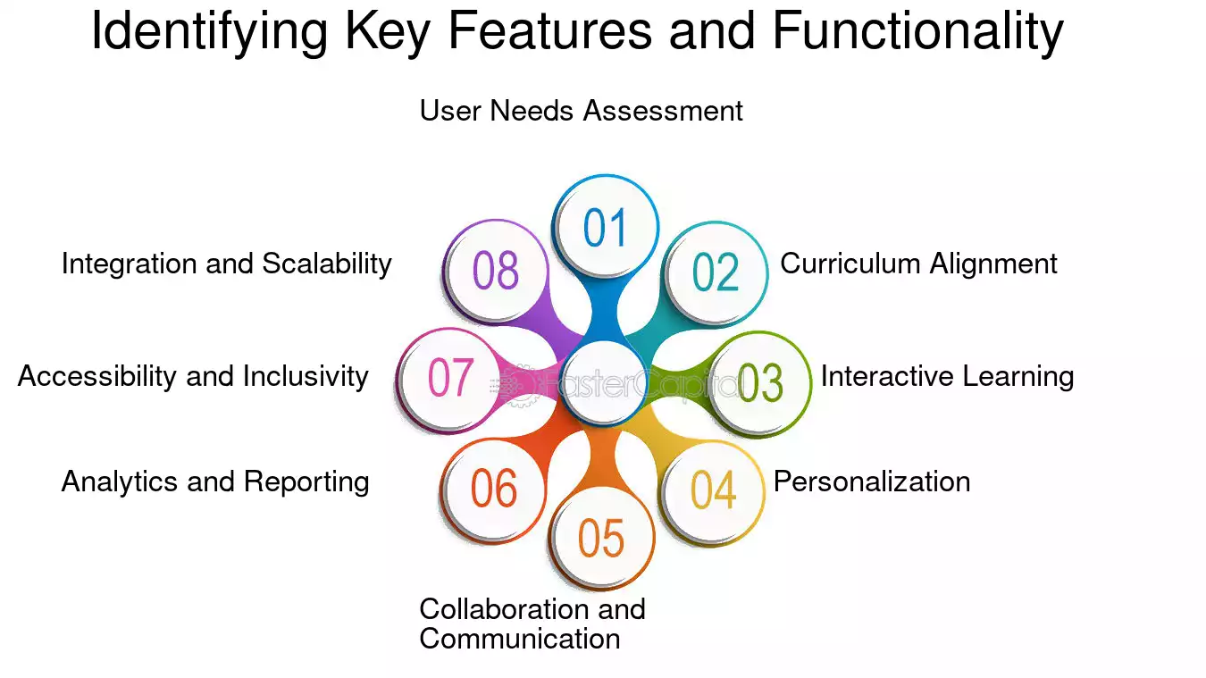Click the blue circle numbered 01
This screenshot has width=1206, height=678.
(605, 227)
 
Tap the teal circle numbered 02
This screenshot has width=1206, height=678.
(715, 273)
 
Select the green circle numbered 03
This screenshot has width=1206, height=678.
(758, 383)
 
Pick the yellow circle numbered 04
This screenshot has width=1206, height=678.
(712, 491)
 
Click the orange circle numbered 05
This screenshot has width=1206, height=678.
(601, 537)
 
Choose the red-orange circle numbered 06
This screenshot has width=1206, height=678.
(493, 490)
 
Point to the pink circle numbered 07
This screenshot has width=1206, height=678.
(449, 381)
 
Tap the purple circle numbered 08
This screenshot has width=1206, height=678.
(495, 271)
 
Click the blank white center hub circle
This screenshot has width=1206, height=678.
(604, 382)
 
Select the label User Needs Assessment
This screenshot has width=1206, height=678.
(581, 111)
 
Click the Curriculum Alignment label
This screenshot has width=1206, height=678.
(918, 264)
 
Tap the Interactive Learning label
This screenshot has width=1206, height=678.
(947, 376)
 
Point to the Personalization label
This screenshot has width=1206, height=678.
(872, 481)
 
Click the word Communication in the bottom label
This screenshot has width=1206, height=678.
(520, 639)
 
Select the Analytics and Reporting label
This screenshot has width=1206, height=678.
(215, 481)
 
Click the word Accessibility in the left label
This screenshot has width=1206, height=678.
(96, 376)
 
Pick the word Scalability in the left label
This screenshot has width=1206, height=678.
(327, 264)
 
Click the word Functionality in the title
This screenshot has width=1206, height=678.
(917, 31)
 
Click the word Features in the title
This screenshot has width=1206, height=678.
(549, 31)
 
